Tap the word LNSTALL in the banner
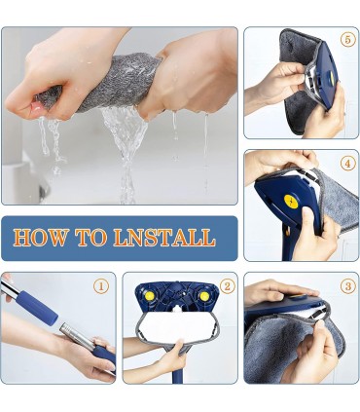point(164,238)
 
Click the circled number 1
point(101,286)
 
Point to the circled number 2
point(227,286)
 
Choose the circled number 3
point(348,286)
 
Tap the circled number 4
point(348,164)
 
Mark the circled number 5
point(348,40)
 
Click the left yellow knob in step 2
point(150,296)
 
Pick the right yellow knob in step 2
point(204,296)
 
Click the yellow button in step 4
point(291,202)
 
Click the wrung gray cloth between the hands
point(100,83)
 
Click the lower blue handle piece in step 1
point(104,356)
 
